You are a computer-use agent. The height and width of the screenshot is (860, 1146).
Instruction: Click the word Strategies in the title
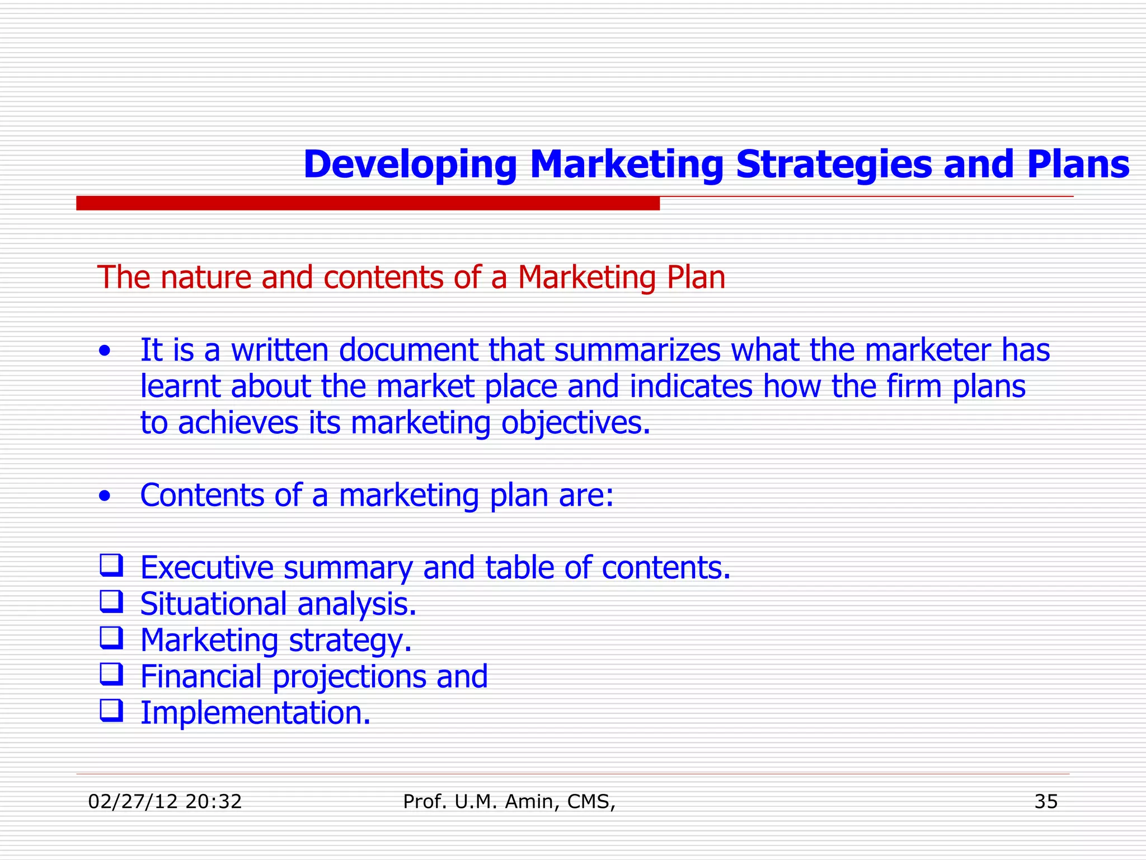tap(834, 166)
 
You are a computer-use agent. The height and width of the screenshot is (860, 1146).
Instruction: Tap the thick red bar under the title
tap(368, 203)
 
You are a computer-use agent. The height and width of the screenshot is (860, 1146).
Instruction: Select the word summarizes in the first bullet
tap(637, 350)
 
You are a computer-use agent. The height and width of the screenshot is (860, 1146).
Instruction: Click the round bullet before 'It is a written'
tap(104, 353)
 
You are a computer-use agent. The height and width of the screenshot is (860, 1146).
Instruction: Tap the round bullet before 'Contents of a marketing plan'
tap(104, 497)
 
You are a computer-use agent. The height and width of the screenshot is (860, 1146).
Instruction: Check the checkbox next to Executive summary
tap(111, 565)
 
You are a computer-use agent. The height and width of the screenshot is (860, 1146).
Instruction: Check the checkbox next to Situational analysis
tap(111, 601)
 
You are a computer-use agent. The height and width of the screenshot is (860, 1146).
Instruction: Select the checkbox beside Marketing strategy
tap(111, 638)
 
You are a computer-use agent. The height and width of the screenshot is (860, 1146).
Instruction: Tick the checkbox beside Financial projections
tap(111, 674)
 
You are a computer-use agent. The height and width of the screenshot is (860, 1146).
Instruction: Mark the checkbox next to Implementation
tap(111, 711)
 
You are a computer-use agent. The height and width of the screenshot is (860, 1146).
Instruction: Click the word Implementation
tap(255, 714)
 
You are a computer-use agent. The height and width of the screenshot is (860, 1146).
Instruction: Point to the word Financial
tap(201, 677)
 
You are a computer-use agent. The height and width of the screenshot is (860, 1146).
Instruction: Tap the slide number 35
tap(1046, 802)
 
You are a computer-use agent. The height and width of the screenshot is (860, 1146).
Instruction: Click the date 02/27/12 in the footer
tap(133, 802)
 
